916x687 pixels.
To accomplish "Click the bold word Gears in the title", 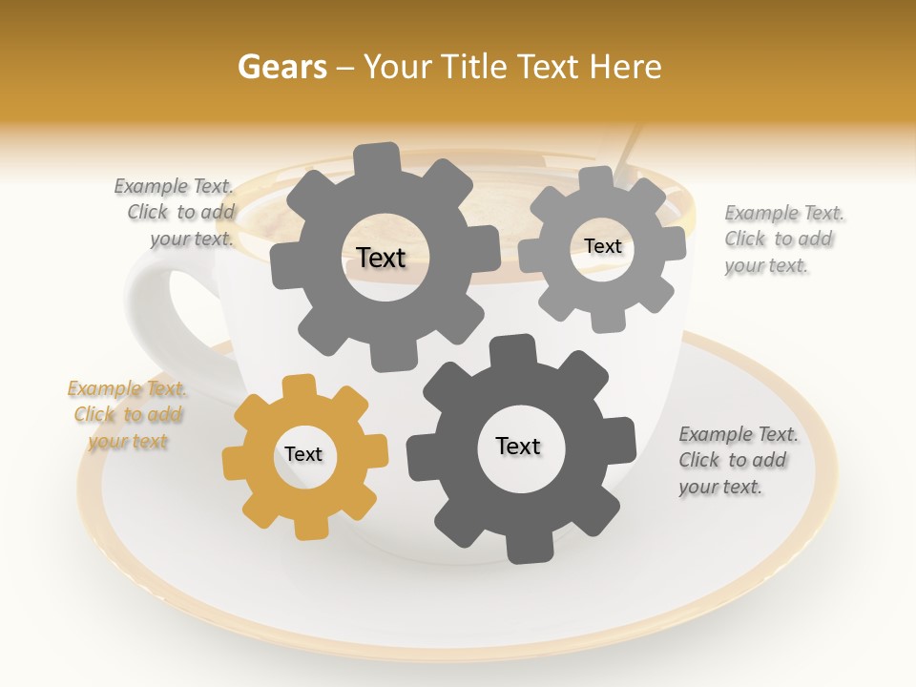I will [281, 67].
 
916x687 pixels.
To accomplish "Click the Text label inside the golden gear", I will [303, 455].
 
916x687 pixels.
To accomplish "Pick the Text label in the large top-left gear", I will [381, 258].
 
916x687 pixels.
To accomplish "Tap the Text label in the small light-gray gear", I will [602, 246].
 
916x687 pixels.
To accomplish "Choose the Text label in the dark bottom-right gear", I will [518, 447].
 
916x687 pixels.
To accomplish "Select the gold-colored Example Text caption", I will [127, 415].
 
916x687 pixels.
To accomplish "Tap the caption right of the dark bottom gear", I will [738, 461].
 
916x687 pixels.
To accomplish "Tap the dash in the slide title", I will [347, 67].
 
